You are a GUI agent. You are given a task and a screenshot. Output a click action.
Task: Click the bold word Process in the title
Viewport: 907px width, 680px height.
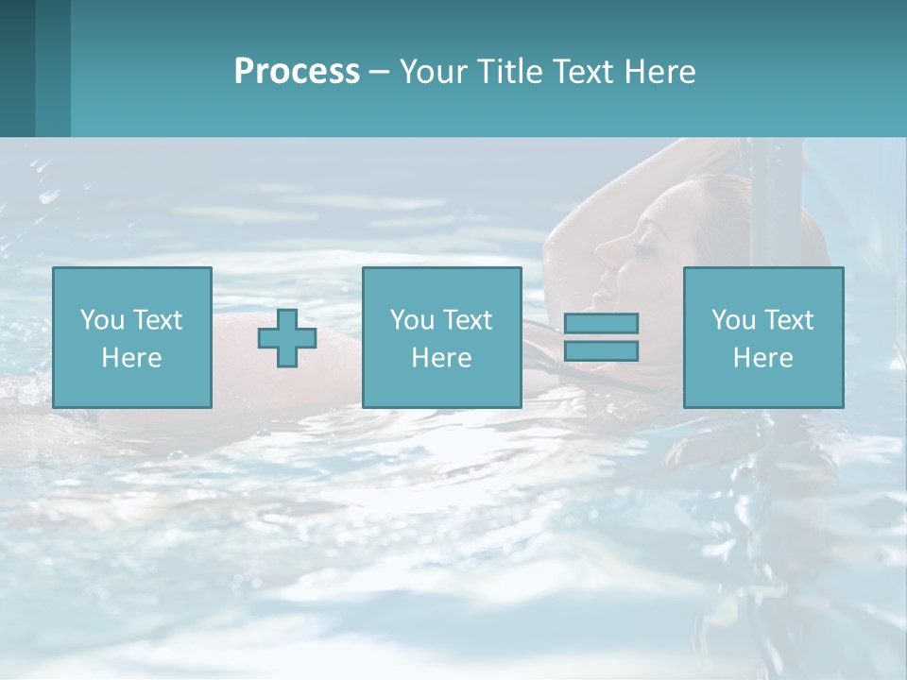297,72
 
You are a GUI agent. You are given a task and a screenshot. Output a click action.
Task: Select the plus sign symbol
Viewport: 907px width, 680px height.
287,338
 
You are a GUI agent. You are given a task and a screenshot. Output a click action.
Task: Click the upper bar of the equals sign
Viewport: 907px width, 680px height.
601,323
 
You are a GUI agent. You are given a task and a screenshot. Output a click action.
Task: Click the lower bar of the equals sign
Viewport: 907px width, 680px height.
601,350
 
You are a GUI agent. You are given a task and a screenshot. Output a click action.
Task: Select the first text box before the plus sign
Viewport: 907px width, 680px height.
132,337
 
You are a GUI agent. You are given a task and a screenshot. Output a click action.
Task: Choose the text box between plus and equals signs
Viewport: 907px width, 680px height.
441,337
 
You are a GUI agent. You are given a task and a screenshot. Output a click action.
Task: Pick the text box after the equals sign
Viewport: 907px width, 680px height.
763,337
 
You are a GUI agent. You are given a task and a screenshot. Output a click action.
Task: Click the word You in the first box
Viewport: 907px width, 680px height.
102,320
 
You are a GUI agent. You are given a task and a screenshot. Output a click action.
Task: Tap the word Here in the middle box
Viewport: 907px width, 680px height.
441,358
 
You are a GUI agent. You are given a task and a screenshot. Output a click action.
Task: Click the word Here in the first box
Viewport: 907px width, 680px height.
132,358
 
